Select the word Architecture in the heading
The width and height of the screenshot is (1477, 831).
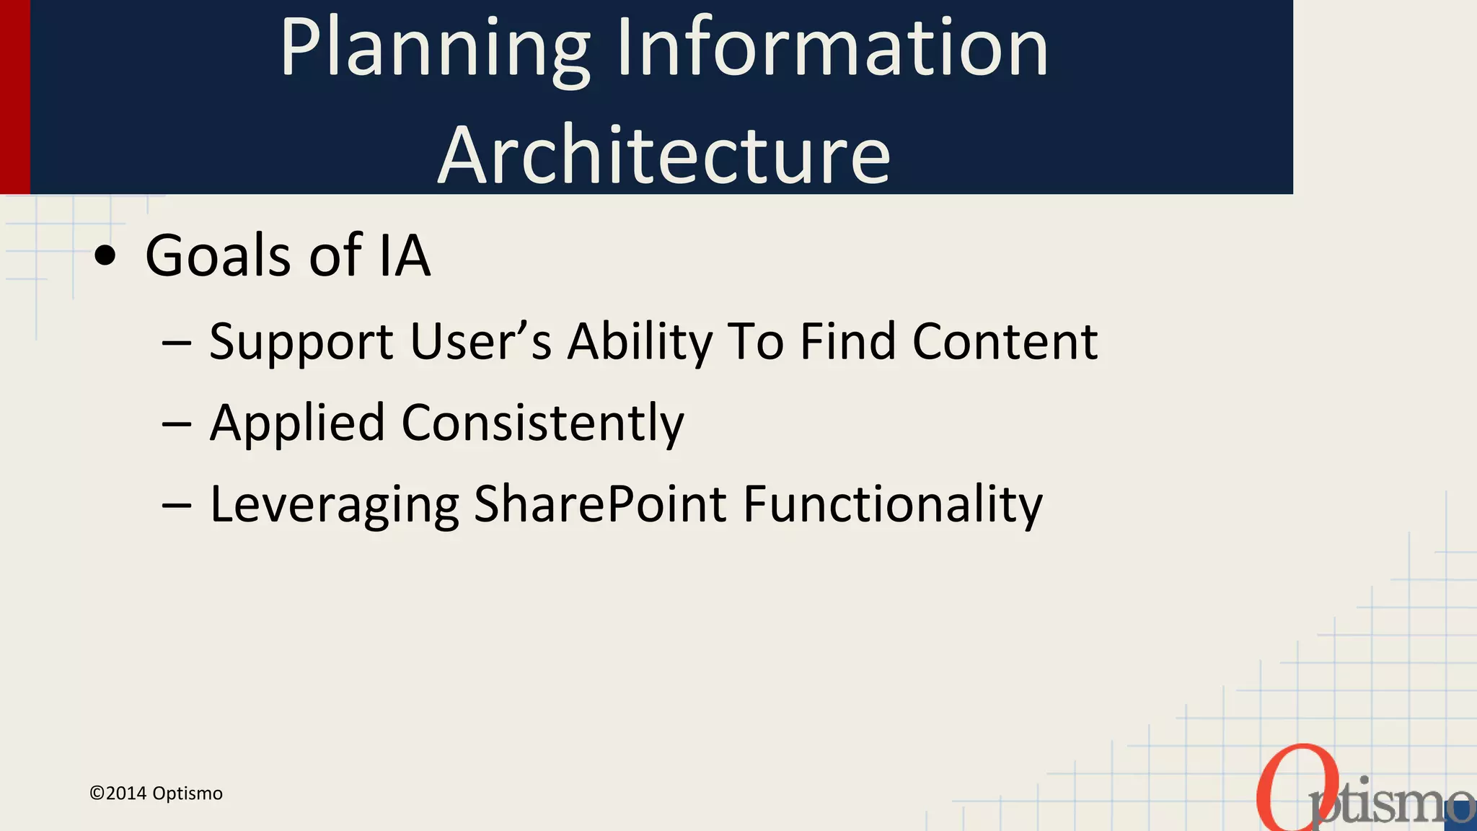(664, 155)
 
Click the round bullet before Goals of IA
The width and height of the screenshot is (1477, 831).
(105, 256)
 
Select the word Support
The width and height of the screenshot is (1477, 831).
(301, 342)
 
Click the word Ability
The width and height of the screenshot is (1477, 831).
(640, 342)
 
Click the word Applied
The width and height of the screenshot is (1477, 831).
(296, 423)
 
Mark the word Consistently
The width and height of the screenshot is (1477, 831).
(542, 423)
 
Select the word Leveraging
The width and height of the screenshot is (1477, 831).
(334, 505)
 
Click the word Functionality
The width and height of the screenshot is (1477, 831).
(892, 505)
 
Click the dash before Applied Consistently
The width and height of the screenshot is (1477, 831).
(177, 424)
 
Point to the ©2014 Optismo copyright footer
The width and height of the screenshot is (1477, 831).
(156, 793)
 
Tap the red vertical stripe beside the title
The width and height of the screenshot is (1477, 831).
(14, 97)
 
